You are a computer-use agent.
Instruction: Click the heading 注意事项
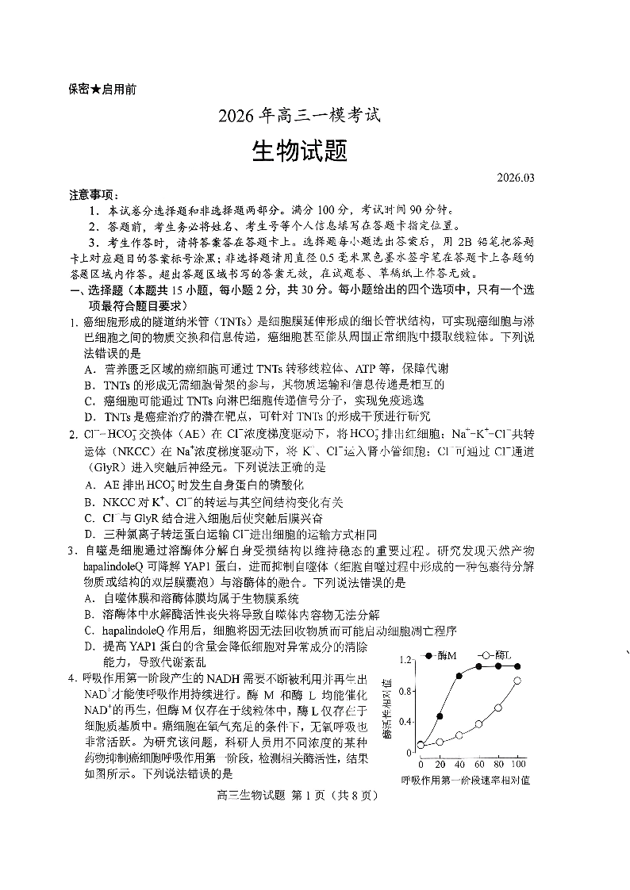tap(94, 194)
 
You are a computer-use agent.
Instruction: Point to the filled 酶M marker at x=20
tap(440, 716)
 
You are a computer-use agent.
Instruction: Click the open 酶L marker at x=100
tap(518, 681)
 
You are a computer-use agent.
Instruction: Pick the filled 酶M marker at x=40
tap(459, 677)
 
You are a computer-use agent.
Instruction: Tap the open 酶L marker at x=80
tap(498, 708)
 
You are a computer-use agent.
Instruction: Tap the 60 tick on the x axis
tap(478, 763)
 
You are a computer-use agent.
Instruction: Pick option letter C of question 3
tap(90, 631)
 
